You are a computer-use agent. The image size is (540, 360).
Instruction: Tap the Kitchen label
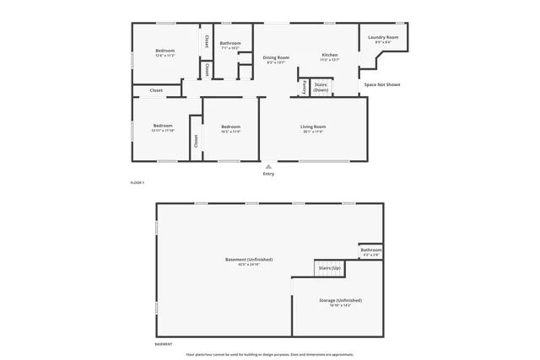(329, 56)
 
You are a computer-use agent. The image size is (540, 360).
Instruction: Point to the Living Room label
(313, 126)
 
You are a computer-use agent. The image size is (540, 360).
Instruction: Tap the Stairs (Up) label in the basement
(329, 268)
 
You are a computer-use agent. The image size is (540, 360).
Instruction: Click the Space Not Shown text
(381, 84)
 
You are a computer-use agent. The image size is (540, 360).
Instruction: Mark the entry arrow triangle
(268, 166)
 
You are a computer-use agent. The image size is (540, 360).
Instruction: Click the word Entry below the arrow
(268, 174)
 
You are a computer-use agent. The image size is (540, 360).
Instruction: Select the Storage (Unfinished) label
(340, 300)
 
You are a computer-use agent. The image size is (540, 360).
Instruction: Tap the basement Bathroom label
(371, 250)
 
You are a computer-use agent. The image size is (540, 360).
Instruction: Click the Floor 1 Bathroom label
(230, 43)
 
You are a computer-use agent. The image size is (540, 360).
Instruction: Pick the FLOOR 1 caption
(138, 183)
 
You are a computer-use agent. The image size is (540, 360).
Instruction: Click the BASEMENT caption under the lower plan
(164, 344)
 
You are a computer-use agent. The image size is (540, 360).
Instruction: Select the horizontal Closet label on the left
(156, 90)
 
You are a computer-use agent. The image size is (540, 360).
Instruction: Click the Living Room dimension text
(313, 132)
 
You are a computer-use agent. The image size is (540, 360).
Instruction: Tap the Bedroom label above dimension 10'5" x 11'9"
(230, 126)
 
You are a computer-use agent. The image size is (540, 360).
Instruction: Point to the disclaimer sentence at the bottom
(269, 355)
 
